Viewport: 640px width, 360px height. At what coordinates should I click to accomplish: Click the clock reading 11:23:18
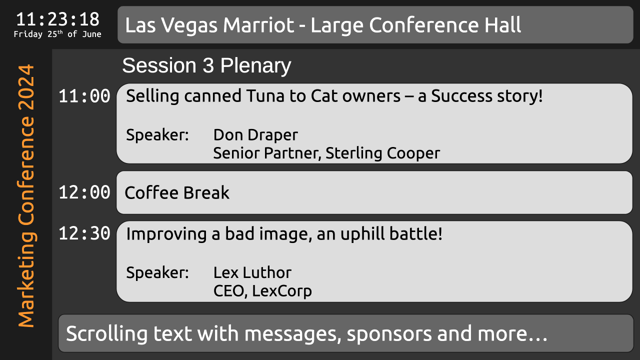pyautogui.click(x=57, y=19)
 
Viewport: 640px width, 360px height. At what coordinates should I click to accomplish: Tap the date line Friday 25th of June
pyautogui.click(x=57, y=34)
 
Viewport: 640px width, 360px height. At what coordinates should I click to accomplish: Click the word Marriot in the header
pyautogui.click(x=258, y=25)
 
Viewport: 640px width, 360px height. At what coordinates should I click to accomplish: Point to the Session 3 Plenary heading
pyautogui.click(x=206, y=65)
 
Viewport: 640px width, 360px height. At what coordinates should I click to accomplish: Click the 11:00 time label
pyautogui.click(x=84, y=96)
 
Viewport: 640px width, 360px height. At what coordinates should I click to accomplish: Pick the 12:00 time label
pyautogui.click(x=84, y=192)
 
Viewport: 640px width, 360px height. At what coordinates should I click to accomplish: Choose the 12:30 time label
pyautogui.click(x=84, y=233)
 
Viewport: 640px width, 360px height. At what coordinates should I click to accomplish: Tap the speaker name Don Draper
pyautogui.click(x=255, y=134)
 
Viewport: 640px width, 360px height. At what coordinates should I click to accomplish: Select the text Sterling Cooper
pyautogui.click(x=382, y=153)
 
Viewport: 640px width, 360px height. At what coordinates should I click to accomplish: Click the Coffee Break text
pyautogui.click(x=177, y=192)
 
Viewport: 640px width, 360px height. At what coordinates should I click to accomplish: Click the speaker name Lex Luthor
pyautogui.click(x=252, y=272)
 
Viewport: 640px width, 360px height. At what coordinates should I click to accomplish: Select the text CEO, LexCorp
pyautogui.click(x=262, y=291)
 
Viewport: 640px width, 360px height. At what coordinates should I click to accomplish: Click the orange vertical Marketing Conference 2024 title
pyautogui.click(x=26, y=195)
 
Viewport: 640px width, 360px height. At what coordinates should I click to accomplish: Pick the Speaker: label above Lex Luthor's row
pyautogui.click(x=157, y=272)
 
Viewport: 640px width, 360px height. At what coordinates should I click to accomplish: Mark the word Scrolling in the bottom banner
pyautogui.click(x=107, y=333)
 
